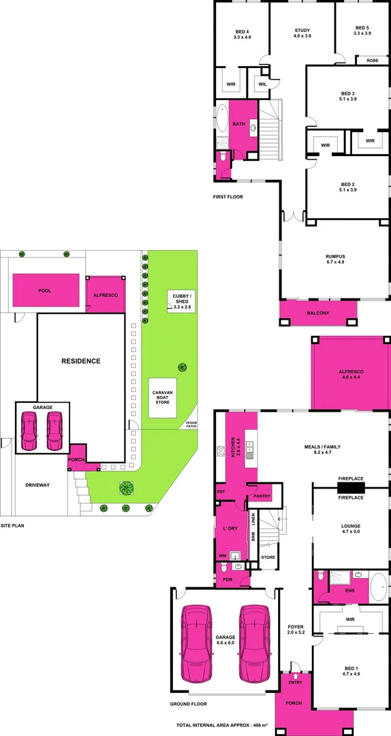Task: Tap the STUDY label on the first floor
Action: click(x=302, y=33)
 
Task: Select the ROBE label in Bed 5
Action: click(x=373, y=61)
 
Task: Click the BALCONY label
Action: click(x=317, y=313)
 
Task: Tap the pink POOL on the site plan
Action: click(x=45, y=290)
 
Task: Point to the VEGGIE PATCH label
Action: click(x=191, y=425)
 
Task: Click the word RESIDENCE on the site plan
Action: click(x=81, y=361)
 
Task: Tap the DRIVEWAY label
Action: click(x=37, y=485)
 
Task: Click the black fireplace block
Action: click(x=351, y=487)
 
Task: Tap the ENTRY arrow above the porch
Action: click(x=295, y=667)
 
